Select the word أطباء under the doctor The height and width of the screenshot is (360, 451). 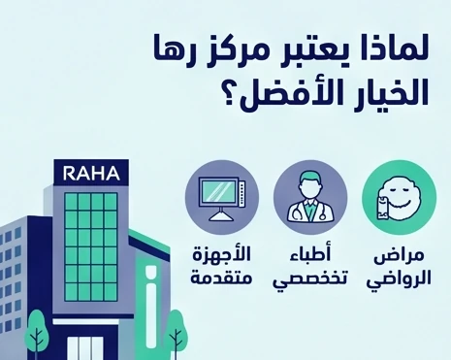pyautogui.click(x=309, y=257)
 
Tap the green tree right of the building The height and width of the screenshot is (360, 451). pyautogui.click(x=176, y=330)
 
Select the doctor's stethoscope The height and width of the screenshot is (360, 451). pyautogui.click(x=308, y=208)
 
